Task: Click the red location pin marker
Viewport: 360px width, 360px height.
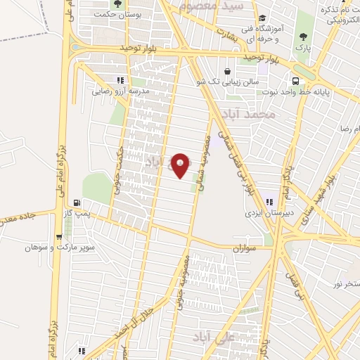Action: pos(181,165)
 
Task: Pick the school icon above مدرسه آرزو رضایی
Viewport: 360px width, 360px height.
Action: pos(120,80)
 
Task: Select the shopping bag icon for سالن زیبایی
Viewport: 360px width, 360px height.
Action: pos(227,71)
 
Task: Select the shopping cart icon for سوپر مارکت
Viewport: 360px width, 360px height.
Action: pos(59,238)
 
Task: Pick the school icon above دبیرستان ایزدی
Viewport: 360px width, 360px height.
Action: pos(270,202)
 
